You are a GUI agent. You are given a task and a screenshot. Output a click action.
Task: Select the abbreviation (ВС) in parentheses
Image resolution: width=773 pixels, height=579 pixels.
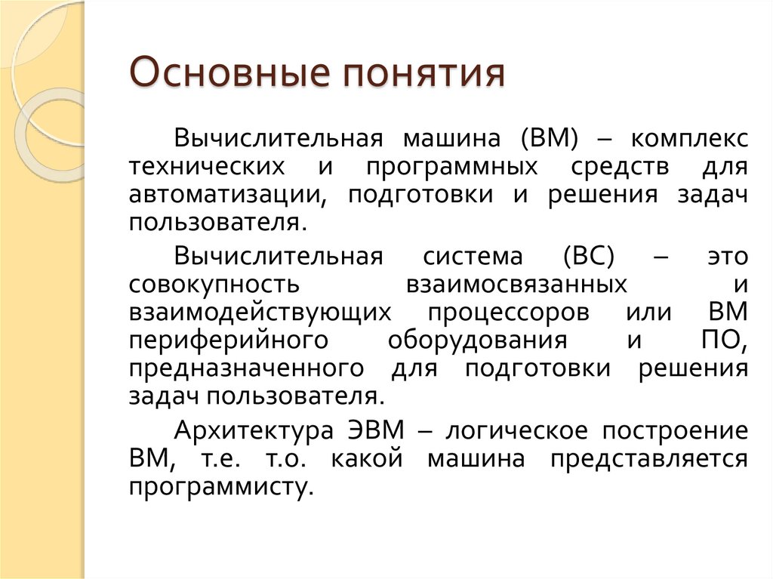click(588, 257)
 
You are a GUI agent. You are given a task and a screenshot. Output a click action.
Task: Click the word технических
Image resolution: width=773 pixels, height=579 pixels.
click(207, 167)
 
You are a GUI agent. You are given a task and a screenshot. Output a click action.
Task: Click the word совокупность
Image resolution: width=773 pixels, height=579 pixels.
click(214, 285)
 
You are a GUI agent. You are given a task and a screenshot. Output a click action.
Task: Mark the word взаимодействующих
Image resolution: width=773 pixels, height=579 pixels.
click(260, 313)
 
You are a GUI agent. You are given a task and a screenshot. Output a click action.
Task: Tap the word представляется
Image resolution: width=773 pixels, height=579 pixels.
click(648, 459)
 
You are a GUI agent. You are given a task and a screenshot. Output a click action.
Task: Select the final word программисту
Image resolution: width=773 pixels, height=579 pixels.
click(220, 487)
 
